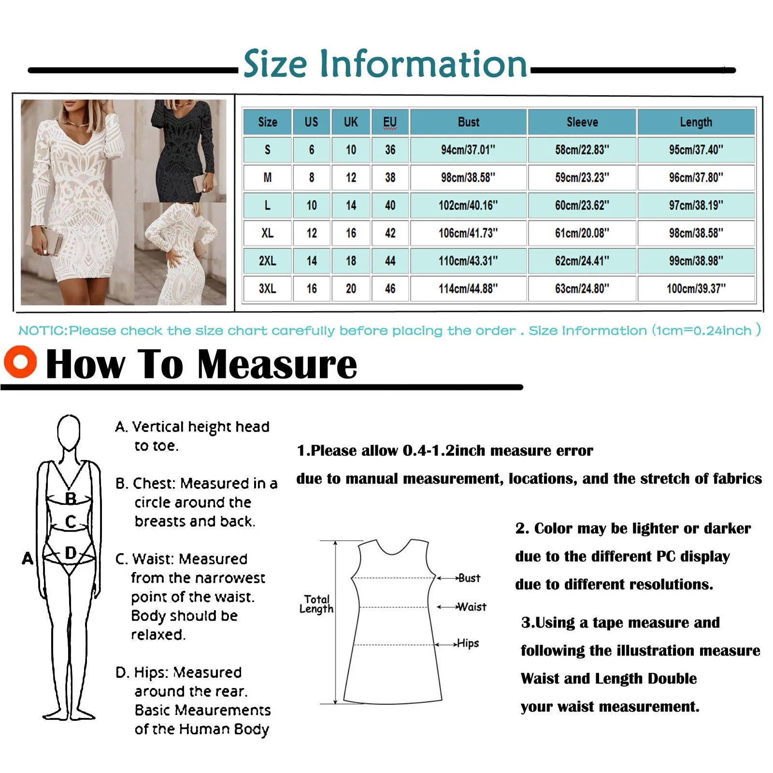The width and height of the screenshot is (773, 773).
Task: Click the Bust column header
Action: point(468,122)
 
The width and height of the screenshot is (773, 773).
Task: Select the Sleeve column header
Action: point(582,122)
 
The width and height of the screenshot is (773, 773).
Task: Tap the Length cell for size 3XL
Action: point(696,289)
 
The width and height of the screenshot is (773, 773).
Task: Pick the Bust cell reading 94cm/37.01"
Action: point(468,150)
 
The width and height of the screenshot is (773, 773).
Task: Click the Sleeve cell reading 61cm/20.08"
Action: point(582,233)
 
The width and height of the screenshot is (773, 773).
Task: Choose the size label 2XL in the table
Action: point(267,261)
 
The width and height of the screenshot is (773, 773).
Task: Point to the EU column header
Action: point(390,122)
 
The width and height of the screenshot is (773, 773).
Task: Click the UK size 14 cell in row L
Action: point(351,206)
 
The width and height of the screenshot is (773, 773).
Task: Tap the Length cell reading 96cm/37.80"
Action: point(696,178)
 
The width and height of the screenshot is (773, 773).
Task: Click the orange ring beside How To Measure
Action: point(20,361)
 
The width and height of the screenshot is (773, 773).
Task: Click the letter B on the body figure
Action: point(71,498)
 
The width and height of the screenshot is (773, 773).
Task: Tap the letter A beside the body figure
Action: point(28,558)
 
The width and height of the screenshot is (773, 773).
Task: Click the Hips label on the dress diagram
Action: point(468,644)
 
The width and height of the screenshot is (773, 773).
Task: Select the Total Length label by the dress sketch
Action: point(316,604)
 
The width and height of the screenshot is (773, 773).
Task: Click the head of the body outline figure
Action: point(69,431)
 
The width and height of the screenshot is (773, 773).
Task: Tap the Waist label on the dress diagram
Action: point(472,607)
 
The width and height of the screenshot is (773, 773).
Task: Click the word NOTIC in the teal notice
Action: point(43,331)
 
